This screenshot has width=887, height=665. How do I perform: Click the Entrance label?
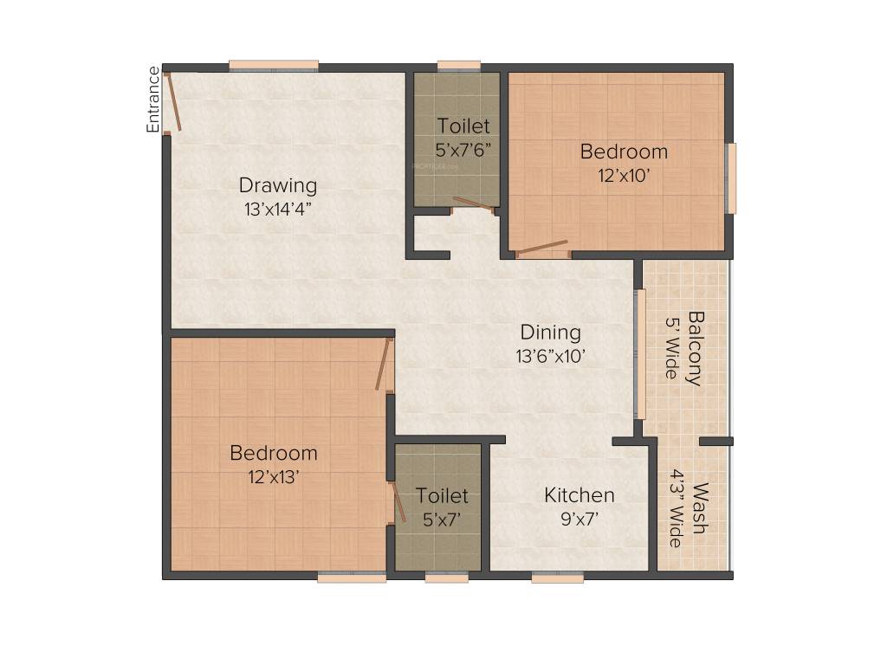click(x=153, y=100)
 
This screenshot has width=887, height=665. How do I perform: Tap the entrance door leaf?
click(x=173, y=103)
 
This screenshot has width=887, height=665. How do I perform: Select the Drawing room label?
click(x=278, y=185)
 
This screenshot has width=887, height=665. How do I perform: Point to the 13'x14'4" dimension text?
click(x=278, y=208)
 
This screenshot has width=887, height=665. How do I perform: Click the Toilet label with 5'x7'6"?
click(x=463, y=126)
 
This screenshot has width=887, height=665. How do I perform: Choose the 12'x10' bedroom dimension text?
click(x=624, y=174)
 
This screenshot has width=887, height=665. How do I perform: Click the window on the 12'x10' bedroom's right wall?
click(x=731, y=178)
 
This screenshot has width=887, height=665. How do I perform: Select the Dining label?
click(x=550, y=332)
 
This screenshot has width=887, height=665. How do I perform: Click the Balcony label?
click(x=696, y=348)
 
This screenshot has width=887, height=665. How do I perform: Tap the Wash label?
click(x=699, y=508)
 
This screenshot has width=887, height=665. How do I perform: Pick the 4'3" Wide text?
click(x=675, y=508)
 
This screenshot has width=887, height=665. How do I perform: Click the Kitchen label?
click(x=579, y=495)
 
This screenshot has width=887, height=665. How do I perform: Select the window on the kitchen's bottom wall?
click(x=557, y=578)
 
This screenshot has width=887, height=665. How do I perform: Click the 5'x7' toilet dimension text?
click(x=442, y=520)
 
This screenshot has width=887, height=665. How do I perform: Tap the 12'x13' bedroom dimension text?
click(x=273, y=475)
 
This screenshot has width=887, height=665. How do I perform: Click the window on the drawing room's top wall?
click(x=274, y=65)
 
